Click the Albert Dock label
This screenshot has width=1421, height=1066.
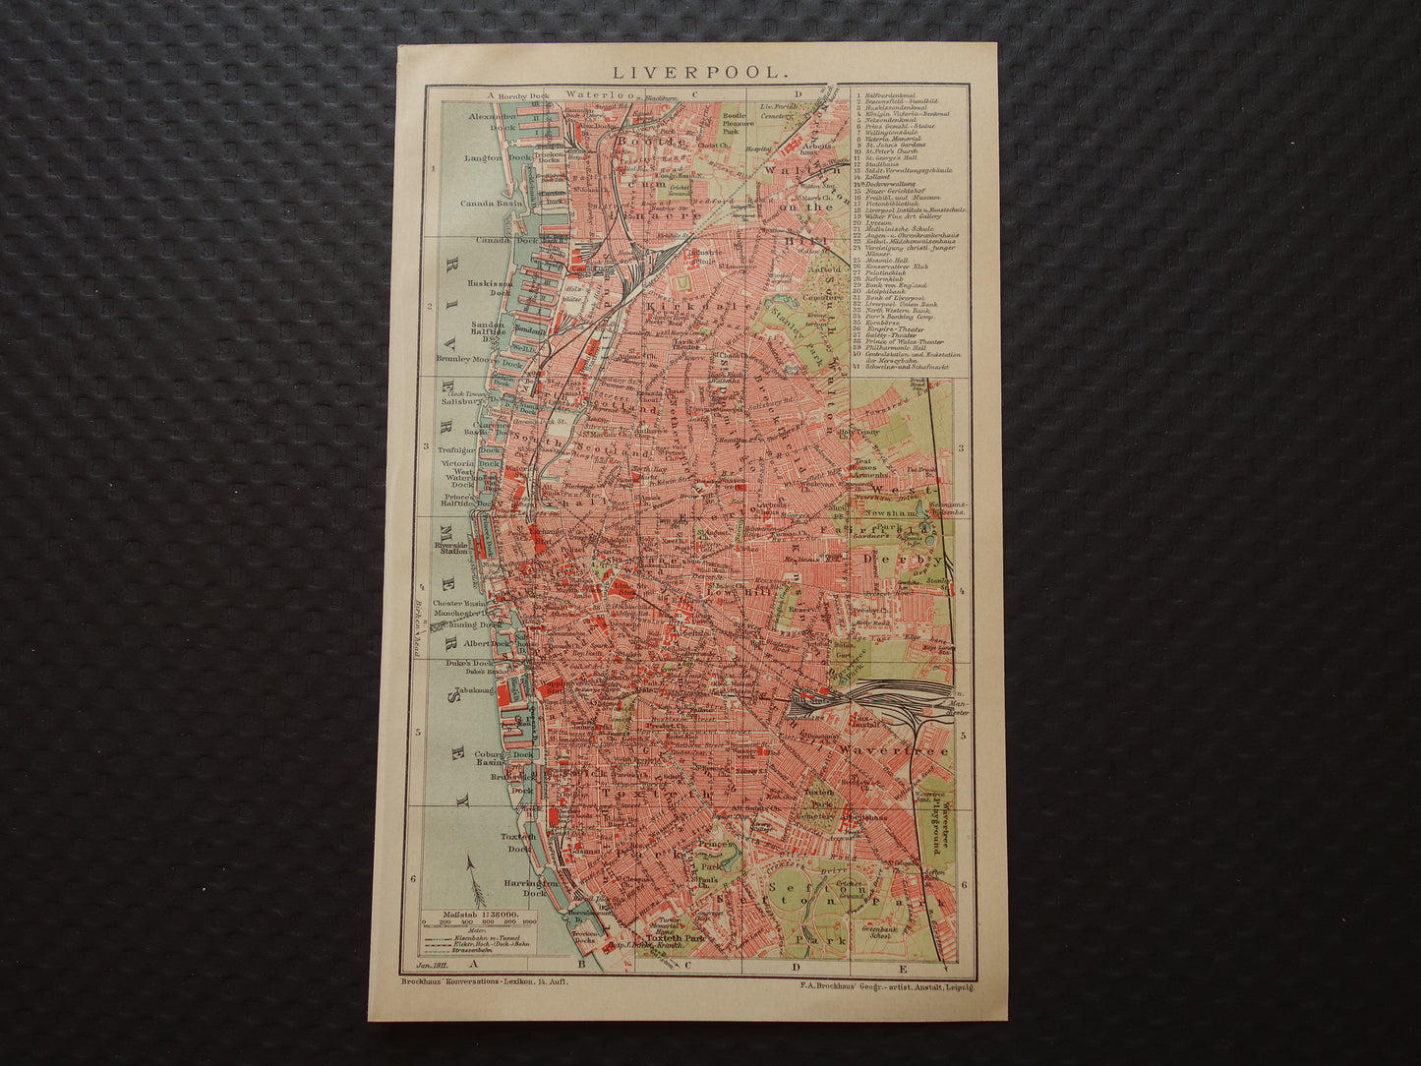(489, 643)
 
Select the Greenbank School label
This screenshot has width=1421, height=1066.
(880, 927)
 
